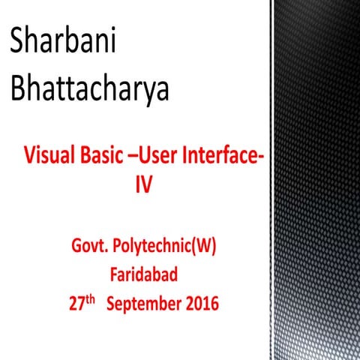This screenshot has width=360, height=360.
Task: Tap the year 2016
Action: [x=200, y=304]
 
